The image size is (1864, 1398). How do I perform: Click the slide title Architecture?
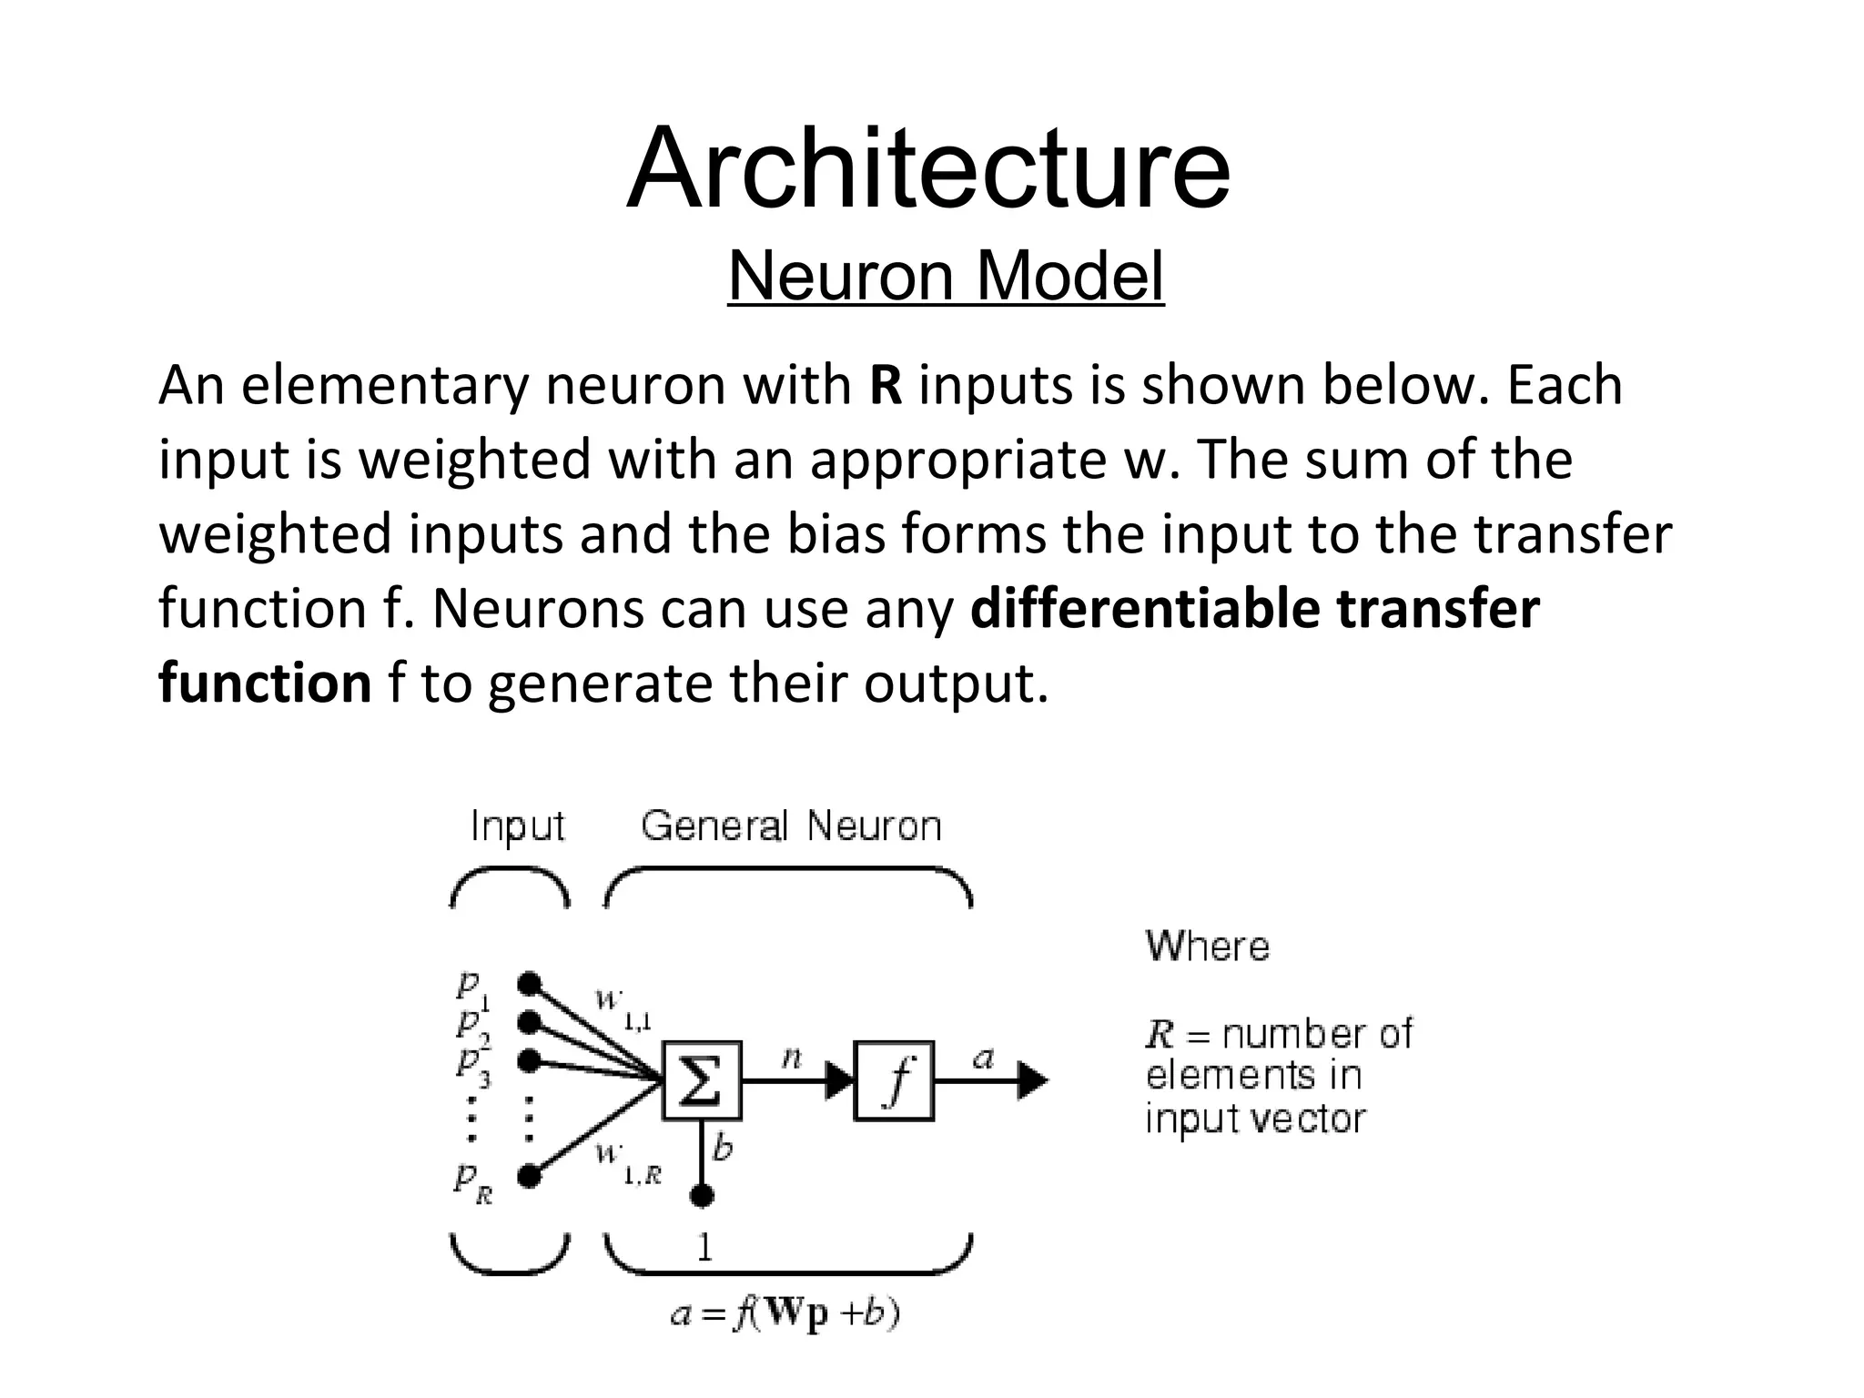928,170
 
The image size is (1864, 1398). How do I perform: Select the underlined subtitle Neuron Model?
946,276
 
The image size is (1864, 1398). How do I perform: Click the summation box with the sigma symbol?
702,1080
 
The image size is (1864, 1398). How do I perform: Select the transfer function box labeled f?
894,1080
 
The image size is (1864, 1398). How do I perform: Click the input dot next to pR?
529,1176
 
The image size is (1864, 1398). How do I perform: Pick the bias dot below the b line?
702,1195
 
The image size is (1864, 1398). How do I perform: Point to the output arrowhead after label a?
1032,1080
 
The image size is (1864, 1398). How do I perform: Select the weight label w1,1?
623,1008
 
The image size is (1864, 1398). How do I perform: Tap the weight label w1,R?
627,1163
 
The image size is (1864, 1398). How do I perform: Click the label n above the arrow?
792,1057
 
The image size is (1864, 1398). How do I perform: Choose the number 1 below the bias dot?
704,1246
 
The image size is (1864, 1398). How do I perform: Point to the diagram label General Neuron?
791,826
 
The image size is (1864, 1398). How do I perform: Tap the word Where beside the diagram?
1207,947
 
